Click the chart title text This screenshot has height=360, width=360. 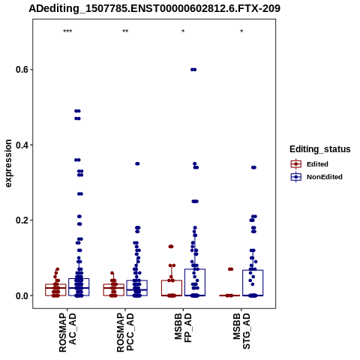tap(154, 8)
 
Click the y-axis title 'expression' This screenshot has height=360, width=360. tap(8, 163)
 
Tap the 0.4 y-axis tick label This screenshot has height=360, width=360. tap(22, 145)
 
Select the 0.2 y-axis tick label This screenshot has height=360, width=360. tap(22, 220)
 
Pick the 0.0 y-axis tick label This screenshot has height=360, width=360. tap(22, 295)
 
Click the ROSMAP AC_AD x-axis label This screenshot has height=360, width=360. tap(67, 333)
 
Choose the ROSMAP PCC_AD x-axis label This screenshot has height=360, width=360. tap(125, 333)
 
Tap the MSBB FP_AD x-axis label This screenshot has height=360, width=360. tap(183, 327)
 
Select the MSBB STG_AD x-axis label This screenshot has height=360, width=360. tap(241, 331)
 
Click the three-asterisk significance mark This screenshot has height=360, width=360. tap(67, 31)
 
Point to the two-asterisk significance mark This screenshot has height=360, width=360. tap(125, 31)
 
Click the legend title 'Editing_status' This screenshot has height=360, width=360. tap(320, 149)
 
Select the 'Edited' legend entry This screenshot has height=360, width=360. tap(317, 164)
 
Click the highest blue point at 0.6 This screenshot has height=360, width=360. tap(193, 70)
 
